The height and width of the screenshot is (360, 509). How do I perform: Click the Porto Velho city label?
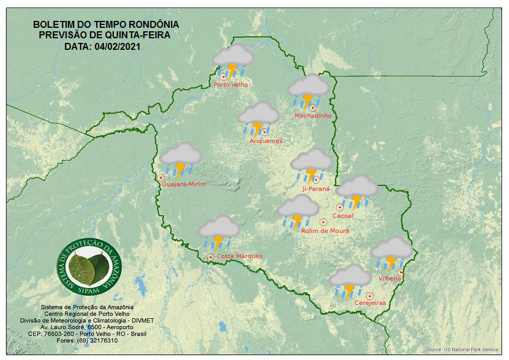coord(231,85)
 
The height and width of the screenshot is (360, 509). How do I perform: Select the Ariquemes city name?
coord(266,141)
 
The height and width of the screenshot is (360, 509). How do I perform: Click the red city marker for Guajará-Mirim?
coord(161,177)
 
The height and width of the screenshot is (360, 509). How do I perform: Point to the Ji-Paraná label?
coord(316,189)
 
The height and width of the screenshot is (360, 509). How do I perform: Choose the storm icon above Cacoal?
coord(357,191)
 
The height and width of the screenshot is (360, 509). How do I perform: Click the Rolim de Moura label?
coord(325,231)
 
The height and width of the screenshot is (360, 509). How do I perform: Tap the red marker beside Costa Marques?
coord(210,256)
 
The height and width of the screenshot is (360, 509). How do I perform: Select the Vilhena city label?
coord(390,279)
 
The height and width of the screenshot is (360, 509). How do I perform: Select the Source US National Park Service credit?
coord(462,350)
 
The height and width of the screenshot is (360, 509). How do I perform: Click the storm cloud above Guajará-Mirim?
coord(180,159)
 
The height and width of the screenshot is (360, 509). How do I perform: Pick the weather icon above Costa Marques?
coord(219,232)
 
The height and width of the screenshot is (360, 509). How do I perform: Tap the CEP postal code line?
coord(87,334)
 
